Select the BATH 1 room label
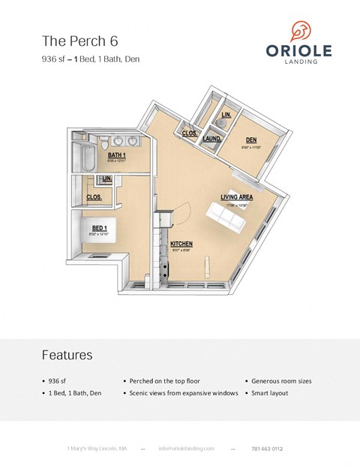pyautogui.click(x=118, y=155)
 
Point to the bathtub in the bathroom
pyautogui.click(x=81, y=160)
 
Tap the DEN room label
pyautogui.click(x=252, y=140)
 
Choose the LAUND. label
pyautogui.click(x=211, y=139)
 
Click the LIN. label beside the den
pyautogui.click(x=226, y=114)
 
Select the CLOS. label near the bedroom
pyautogui.click(x=94, y=197)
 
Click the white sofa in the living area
pyautogui.click(x=226, y=218)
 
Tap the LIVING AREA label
pyautogui.click(x=236, y=197)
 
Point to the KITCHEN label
pyautogui.click(x=182, y=245)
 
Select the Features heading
pyautogui.click(x=67, y=354)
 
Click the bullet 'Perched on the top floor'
pyautogui.click(x=164, y=381)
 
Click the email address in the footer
pyautogui.click(x=186, y=448)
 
